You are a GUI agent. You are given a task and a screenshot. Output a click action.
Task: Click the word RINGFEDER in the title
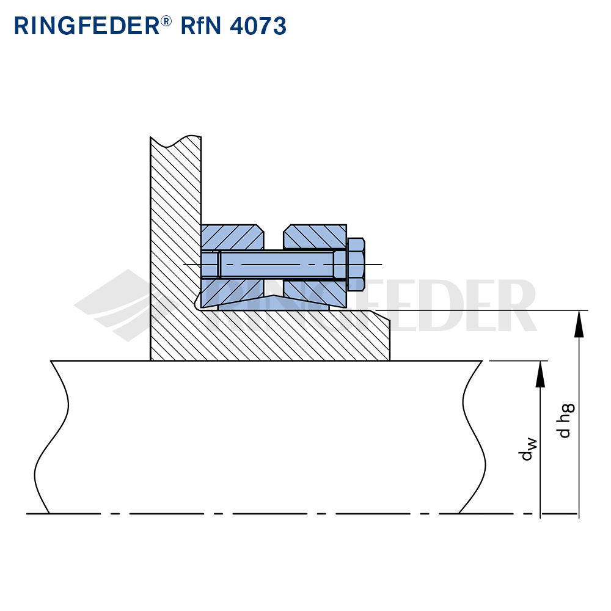tap(87, 26)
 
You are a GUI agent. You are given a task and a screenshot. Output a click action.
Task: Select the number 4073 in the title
tap(258, 26)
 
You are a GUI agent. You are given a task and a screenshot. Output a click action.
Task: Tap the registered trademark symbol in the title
tap(166, 21)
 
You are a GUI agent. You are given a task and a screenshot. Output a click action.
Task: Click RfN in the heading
tap(200, 26)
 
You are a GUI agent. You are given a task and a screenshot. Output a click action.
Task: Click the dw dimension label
tap(529, 449)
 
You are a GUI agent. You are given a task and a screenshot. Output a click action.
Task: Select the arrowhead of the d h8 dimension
tap(579, 323)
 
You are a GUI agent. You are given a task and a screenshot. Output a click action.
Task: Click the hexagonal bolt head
tap(356, 265)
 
